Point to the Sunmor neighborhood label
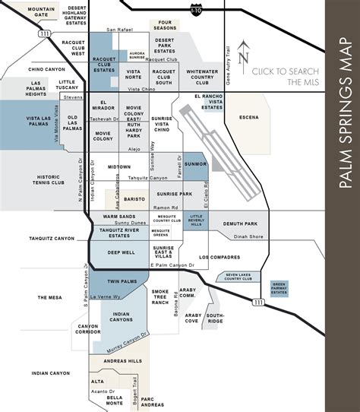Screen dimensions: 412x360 [195, 163]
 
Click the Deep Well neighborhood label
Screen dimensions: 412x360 [121, 252]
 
